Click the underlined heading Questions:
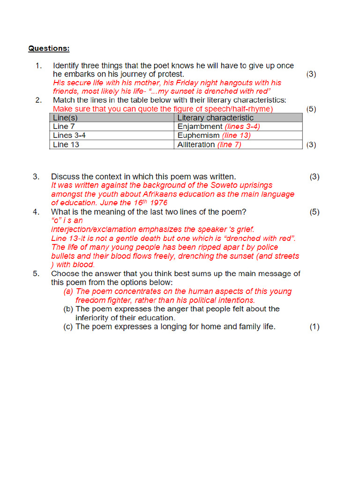pos(49,48)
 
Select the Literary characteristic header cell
pos(215,118)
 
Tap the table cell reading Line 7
pos(64,127)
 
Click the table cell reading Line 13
pos(66,144)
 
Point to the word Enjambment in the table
pos(200,127)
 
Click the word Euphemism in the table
pos(199,135)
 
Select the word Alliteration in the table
pos(196,144)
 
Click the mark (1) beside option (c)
pos(314,327)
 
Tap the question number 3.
pos(36,177)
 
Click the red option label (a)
pos(68,292)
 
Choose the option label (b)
pos(68,309)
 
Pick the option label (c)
pos(68,327)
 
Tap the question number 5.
pos(36,274)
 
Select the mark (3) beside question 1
pos(311,74)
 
